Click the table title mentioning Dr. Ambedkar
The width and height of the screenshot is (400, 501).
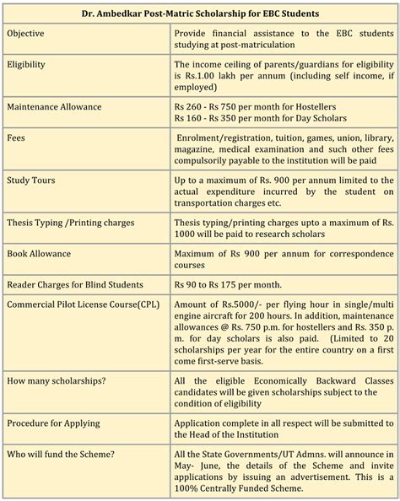tap(200, 13)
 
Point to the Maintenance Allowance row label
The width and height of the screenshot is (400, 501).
tap(66, 106)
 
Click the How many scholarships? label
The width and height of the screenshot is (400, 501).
tap(57, 382)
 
